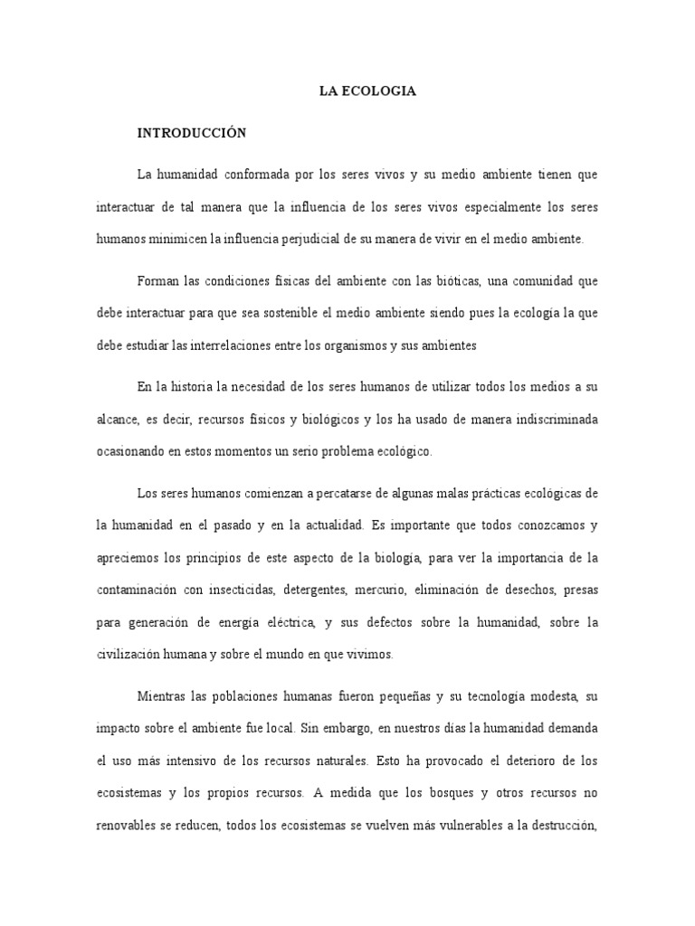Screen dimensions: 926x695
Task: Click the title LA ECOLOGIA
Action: coord(367,91)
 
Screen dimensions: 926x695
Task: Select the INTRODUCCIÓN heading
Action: coord(192,132)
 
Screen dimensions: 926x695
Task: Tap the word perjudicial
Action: coord(323,240)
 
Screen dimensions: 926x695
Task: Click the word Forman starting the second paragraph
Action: coord(157,280)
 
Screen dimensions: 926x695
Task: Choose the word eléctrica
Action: coord(285,624)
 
